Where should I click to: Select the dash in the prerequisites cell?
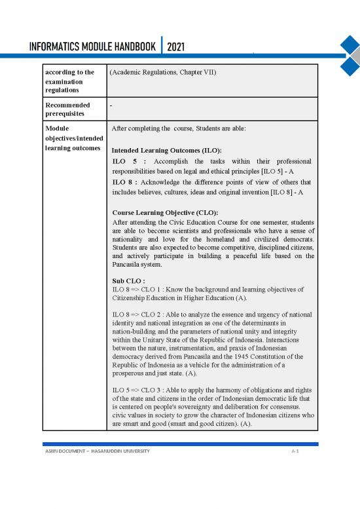[113, 104]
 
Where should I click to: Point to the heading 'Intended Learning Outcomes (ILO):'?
[167, 150]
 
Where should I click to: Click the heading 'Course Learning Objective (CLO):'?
[166, 213]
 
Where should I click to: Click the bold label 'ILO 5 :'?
[130, 161]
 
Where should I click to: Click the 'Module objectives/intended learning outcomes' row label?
[71, 139]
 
